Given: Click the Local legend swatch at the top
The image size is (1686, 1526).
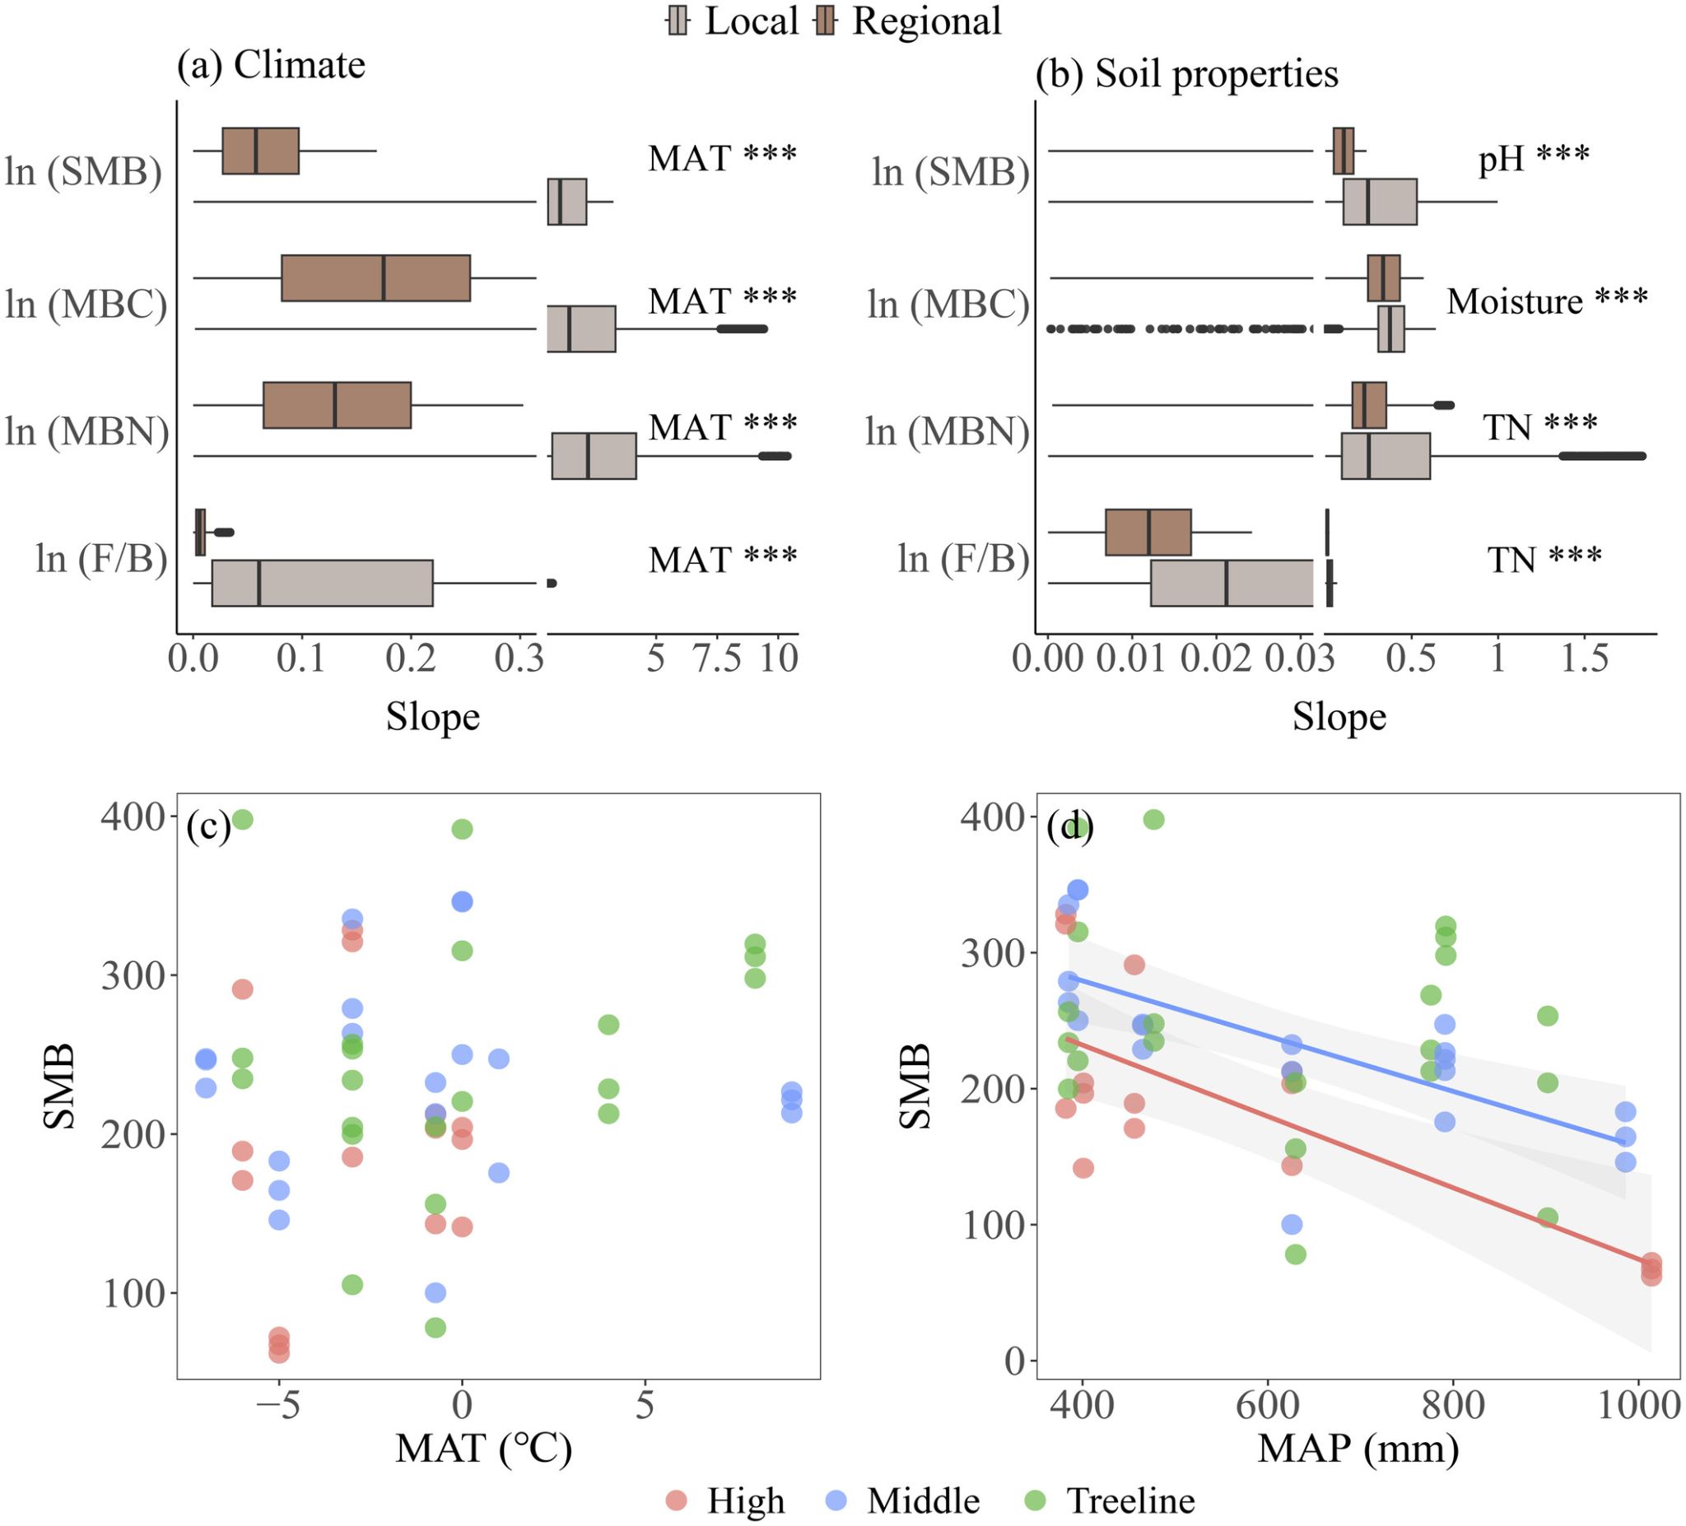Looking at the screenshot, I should coord(678,21).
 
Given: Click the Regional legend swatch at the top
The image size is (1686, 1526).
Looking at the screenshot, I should coord(825,21).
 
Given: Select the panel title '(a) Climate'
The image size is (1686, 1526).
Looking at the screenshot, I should coord(271,65).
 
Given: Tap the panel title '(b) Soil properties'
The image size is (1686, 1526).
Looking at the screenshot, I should coord(1187,73).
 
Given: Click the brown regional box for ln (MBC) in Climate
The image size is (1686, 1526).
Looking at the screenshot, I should coord(375,277).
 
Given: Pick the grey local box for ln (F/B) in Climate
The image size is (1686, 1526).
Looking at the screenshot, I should coord(322,583).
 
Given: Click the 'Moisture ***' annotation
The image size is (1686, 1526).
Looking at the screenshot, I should coord(1547,301).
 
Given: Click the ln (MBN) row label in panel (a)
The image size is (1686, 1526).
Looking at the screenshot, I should coord(87,431).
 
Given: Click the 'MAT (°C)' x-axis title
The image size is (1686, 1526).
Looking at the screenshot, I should coord(483,1449).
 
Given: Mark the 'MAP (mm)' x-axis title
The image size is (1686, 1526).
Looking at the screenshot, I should coord(1358,1449).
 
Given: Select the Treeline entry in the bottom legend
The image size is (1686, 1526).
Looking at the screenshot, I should coord(1129,1501).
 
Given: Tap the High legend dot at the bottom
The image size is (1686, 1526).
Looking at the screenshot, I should coord(677,1501).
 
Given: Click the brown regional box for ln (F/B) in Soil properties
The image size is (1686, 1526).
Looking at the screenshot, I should coord(1148,532).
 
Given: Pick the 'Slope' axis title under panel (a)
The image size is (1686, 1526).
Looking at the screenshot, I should coord(432,717).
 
